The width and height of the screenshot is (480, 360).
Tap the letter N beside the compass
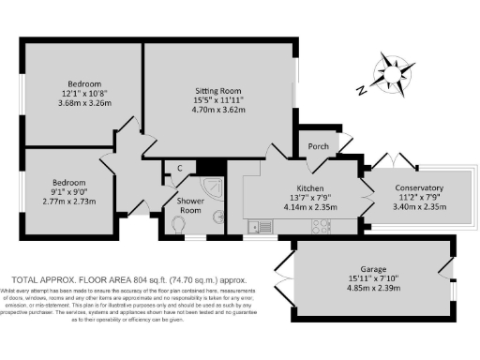[x=362, y=90]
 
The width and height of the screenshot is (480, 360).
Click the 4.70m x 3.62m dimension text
[x=217, y=110]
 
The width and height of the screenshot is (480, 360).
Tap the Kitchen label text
[x=309, y=187]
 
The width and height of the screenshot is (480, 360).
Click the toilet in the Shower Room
[x=175, y=225]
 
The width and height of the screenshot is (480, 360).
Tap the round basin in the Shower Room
[x=219, y=219]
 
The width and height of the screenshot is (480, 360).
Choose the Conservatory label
[x=418, y=187]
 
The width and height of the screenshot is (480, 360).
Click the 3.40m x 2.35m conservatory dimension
[x=418, y=208]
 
